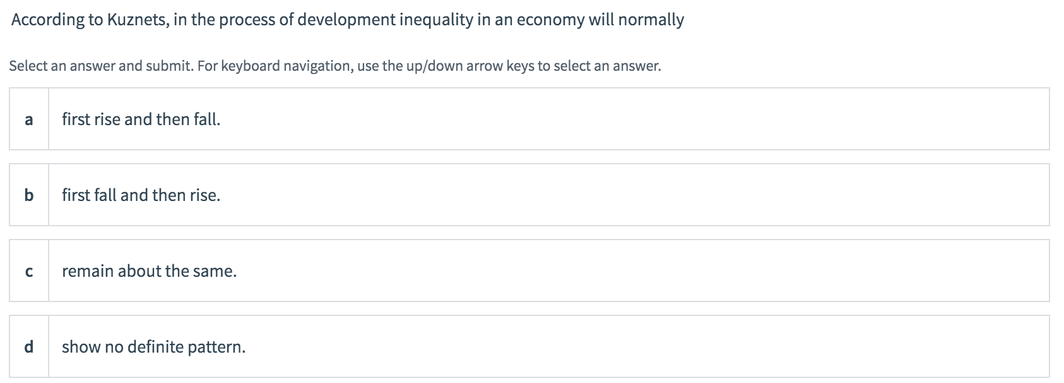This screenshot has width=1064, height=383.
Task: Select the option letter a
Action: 28,119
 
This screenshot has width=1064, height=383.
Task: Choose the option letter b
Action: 28,195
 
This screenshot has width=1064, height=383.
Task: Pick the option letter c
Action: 28,271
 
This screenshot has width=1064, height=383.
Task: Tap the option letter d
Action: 28,347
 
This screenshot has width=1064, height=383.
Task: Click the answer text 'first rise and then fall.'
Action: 141,119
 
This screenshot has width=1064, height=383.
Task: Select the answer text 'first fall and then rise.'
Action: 141,195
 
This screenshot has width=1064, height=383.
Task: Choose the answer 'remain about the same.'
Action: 149,271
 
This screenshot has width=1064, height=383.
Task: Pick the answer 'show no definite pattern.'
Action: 153,347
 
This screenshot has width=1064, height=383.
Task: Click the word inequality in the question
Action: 435,20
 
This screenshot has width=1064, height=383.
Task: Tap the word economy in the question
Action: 550,20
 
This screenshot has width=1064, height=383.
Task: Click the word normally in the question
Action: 651,20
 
